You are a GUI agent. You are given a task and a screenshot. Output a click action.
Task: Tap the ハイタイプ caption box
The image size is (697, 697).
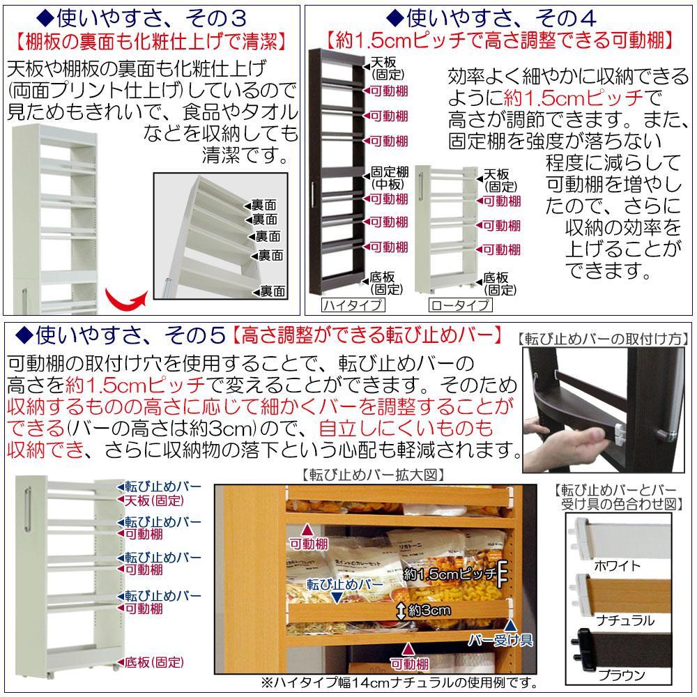[x=352, y=305]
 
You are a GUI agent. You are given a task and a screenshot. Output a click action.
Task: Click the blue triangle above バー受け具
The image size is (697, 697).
[x=511, y=625]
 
